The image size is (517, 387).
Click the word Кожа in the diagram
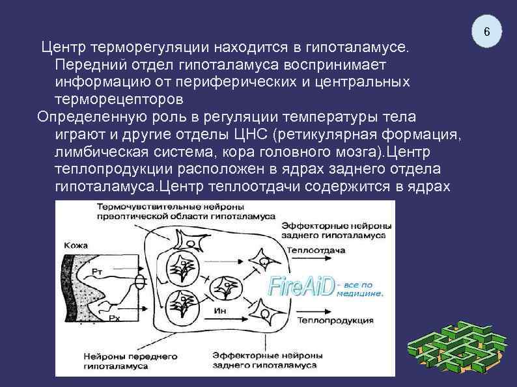(76, 245)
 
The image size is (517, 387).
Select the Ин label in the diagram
(221, 310)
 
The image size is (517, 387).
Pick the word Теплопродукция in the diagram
(335, 320)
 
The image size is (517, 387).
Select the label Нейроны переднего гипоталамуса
(122, 361)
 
